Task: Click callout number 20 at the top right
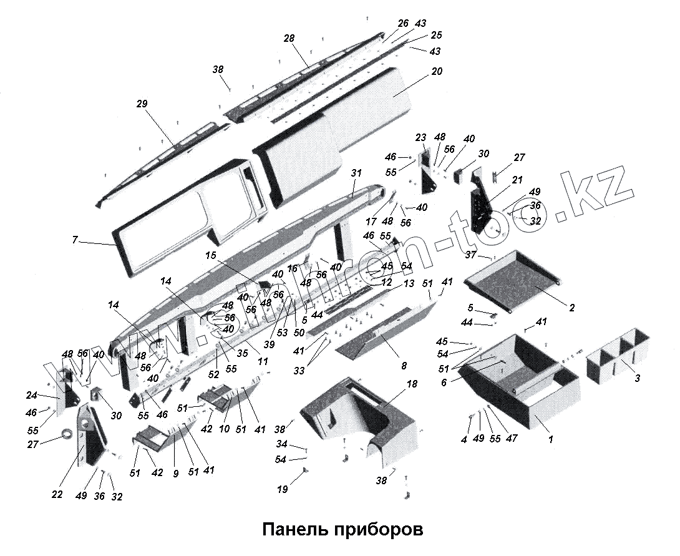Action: (436, 72)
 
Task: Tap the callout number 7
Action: (75, 240)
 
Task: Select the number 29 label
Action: (142, 104)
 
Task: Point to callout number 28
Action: (289, 39)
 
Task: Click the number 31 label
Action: (356, 173)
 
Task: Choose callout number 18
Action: (412, 385)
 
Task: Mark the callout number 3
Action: (636, 378)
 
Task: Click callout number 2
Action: (571, 308)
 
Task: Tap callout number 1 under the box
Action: (550, 439)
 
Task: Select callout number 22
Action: (57, 495)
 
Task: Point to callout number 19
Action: (283, 490)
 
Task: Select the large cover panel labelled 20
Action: (349, 125)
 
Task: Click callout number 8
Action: (404, 366)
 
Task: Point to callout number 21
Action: (517, 180)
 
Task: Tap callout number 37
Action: (471, 255)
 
